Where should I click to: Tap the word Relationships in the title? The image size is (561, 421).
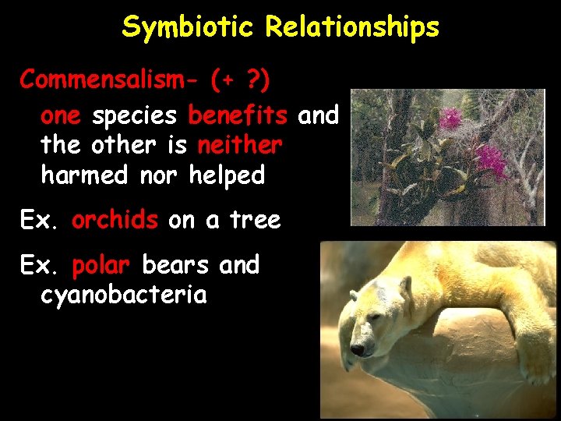[352, 28]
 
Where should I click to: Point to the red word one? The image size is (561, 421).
[61, 116]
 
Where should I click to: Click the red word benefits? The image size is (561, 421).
[238, 116]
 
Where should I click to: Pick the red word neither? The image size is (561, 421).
[240, 146]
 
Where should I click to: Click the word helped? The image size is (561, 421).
[227, 175]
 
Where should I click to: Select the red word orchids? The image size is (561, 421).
[115, 221]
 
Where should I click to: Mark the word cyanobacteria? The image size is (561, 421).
[124, 295]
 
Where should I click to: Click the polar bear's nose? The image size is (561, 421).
[357, 350]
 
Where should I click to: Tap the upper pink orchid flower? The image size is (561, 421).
[450, 119]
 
